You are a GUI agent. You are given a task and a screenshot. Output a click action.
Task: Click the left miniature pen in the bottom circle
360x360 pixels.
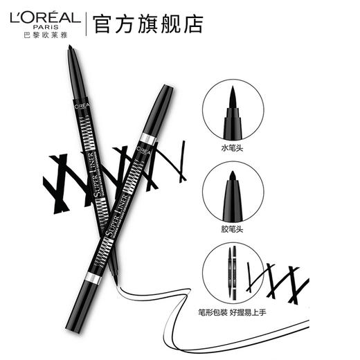point(224,271)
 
